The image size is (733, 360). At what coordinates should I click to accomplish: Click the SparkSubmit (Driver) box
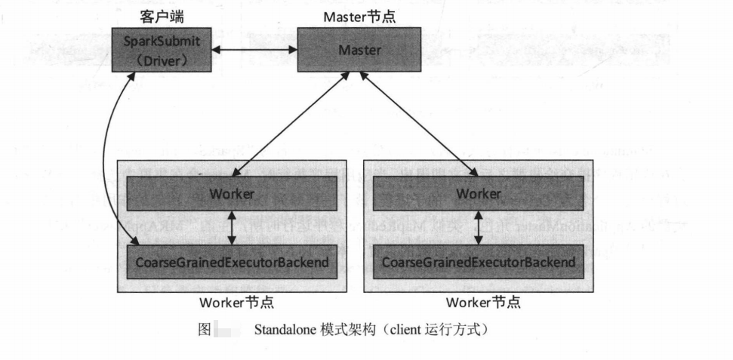pyautogui.click(x=157, y=50)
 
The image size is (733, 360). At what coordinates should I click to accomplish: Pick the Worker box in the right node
pyautogui.click(x=479, y=194)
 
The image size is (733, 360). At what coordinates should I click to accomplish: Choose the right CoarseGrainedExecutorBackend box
pyautogui.click(x=479, y=262)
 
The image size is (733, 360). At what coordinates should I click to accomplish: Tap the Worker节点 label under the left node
pyautogui.click(x=236, y=303)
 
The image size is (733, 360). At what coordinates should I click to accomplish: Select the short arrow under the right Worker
pyautogui.click(x=479, y=228)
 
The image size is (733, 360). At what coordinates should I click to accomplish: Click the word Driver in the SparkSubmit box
pyautogui.click(x=157, y=60)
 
